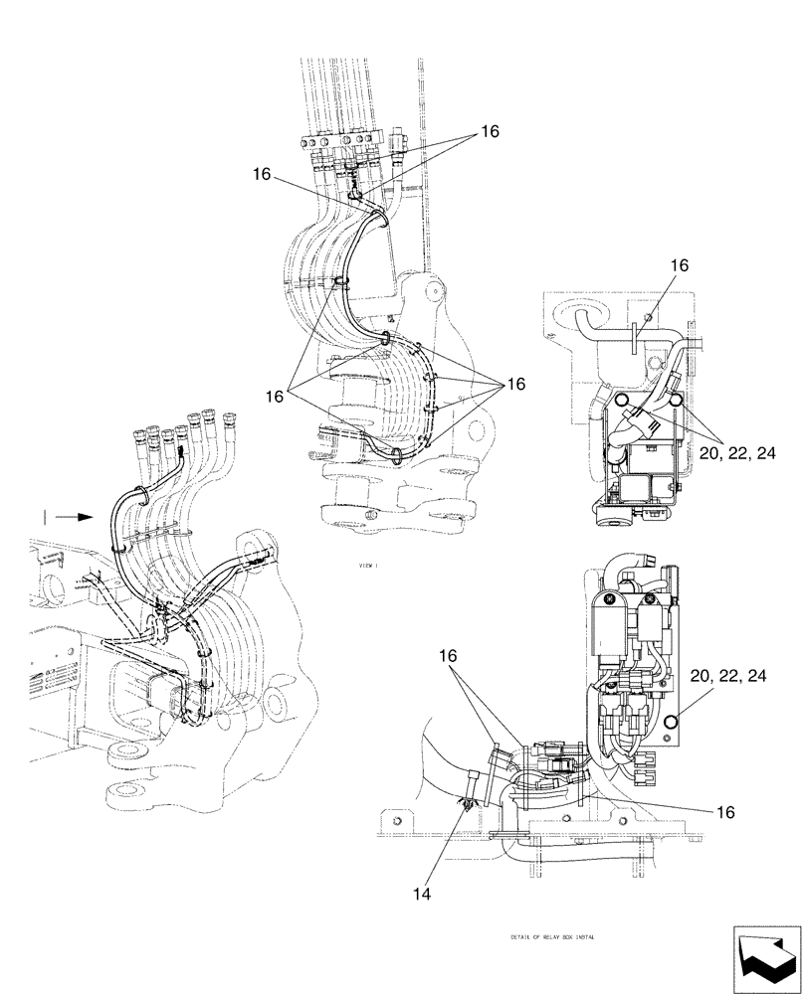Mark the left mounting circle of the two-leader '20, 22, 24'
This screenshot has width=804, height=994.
[620, 401]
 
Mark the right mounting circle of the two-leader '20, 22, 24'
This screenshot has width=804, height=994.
[676, 401]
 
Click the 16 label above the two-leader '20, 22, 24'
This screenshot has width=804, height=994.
[679, 265]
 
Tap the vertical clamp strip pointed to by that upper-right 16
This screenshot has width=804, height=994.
[634, 334]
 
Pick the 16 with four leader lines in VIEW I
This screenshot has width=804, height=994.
[515, 384]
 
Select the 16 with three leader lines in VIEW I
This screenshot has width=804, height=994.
[276, 395]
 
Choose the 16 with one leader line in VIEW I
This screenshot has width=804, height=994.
[262, 174]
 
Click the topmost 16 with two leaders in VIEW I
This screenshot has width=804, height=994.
[490, 131]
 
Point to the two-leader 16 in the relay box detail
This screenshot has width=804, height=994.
[449, 656]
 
